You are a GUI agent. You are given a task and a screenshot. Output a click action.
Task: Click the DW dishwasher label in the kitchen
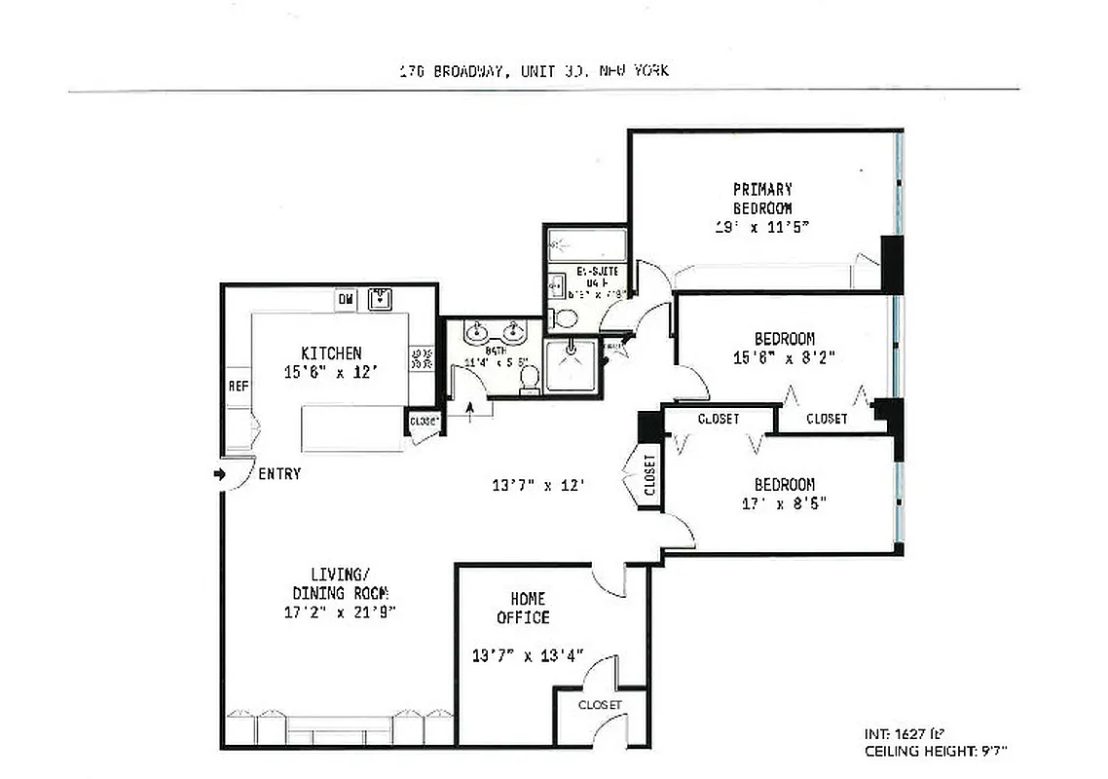[x=346, y=300]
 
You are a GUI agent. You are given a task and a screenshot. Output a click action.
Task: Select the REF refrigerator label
[x=238, y=387]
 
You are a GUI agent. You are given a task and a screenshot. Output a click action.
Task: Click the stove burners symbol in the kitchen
[x=422, y=359]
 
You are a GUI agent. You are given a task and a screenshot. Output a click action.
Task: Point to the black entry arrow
[x=219, y=474]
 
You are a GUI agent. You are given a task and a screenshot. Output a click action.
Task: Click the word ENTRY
[x=278, y=474]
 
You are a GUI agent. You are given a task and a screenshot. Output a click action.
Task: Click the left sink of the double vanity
[x=476, y=334]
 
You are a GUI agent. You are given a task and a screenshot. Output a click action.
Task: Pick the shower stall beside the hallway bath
[x=570, y=364]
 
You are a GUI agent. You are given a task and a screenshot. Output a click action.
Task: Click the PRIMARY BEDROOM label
[x=762, y=199]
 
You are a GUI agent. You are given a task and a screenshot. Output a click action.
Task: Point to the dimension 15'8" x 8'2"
[x=785, y=357]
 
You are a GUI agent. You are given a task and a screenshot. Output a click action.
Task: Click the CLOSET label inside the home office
[x=599, y=705]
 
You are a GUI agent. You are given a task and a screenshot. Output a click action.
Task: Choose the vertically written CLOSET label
[x=649, y=476]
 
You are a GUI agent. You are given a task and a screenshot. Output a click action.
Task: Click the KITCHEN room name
[x=331, y=353]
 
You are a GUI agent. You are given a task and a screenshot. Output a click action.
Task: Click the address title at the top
[x=535, y=71]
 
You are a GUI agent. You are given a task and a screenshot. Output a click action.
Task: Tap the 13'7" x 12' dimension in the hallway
[x=539, y=484]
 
